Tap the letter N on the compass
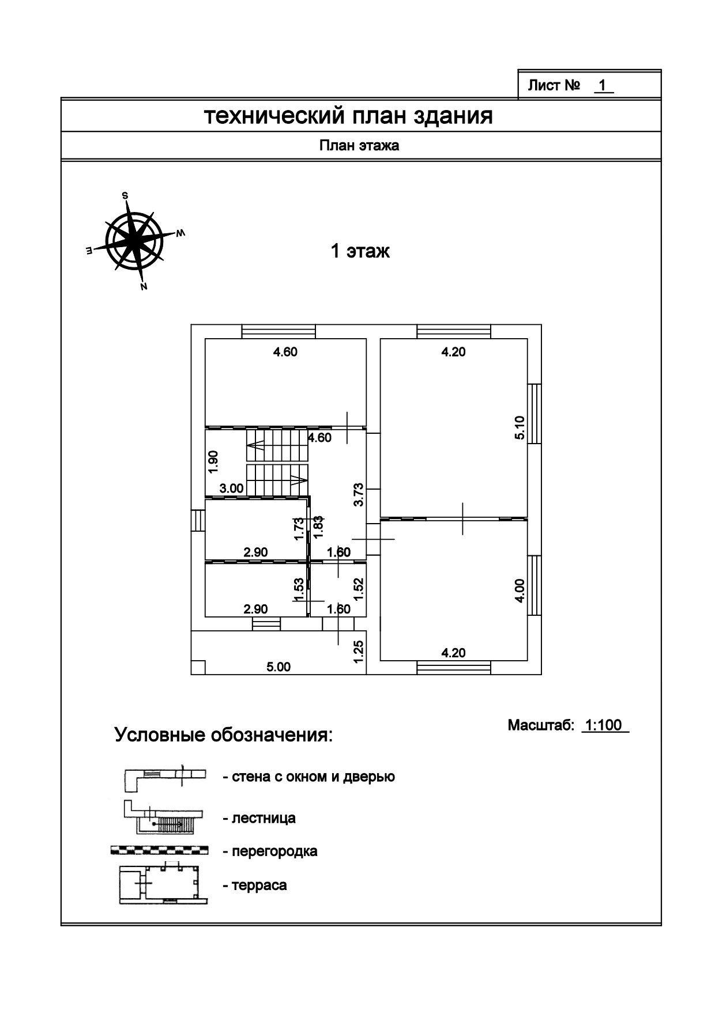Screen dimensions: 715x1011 click(x=144, y=286)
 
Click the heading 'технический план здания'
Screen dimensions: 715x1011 click(x=349, y=116)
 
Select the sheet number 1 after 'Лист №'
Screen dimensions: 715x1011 click(x=602, y=86)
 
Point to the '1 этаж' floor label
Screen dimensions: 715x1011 click(x=360, y=251)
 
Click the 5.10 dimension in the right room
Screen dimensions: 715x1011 click(x=520, y=428)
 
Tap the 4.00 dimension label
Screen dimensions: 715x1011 click(x=520, y=590)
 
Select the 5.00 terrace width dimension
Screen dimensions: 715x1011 click(x=279, y=667)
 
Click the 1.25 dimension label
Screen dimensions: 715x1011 click(x=358, y=651)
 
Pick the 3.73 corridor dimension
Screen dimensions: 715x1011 click(x=358, y=494)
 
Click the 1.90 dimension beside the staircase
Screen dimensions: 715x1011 click(x=213, y=461)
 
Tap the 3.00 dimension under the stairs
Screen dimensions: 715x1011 click(x=232, y=489)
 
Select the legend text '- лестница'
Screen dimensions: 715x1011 click(x=259, y=818)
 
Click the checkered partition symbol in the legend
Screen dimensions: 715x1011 click(x=159, y=850)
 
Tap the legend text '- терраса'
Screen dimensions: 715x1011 click(x=254, y=885)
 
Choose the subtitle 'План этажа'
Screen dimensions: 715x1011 click(x=359, y=146)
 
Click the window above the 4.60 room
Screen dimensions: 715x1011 click(x=279, y=331)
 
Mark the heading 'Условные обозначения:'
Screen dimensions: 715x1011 click(x=224, y=736)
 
